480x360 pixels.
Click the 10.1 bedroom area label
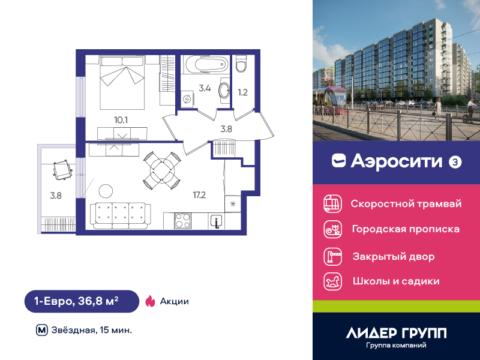[x=121, y=120]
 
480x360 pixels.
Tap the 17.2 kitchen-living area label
[x=199, y=194]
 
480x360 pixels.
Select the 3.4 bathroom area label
[x=205, y=88]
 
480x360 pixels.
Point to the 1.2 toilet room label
[x=243, y=92]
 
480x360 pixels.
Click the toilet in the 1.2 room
[x=241, y=64]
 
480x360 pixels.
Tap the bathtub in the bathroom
[x=206, y=64]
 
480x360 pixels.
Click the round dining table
[x=162, y=170]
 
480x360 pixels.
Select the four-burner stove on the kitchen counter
[x=183, y=221]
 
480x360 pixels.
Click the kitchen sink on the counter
[x=217, y=221]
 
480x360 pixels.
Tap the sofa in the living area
[x=121, y=215]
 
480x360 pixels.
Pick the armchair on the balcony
[x=63, y=170]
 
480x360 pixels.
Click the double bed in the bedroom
[x=122, y=82]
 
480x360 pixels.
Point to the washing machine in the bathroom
[x=187, y=98]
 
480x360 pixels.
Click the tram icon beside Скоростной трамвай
[x=333, y=203]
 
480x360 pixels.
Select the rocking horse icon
[x=333, y=281]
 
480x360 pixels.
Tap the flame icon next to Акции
[x=150, y=301]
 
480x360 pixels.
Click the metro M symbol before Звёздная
[x=42, y=331]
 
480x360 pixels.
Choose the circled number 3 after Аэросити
[x=455, y=162]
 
